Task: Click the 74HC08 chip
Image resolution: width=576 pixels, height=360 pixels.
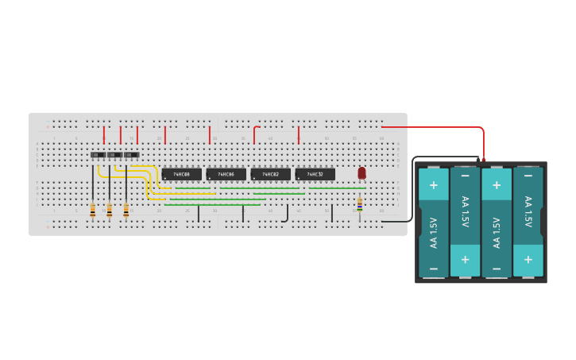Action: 181,174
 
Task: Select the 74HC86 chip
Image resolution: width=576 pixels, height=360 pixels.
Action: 226,174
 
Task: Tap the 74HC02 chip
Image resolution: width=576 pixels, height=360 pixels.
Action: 270,174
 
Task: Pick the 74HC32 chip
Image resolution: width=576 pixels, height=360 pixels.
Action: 315,174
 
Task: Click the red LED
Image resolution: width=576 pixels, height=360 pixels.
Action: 361,172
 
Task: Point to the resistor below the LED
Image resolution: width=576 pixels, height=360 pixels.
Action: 360,205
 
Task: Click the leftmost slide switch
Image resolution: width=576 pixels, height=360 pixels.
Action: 98,155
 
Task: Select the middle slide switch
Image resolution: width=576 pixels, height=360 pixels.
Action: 114,155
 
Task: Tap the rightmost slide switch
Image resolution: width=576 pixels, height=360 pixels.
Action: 131,155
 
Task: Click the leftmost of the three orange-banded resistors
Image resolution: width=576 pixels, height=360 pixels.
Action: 93,211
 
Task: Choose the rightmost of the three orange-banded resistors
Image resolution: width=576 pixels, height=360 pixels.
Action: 126,211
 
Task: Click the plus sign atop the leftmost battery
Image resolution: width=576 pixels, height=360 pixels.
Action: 434,184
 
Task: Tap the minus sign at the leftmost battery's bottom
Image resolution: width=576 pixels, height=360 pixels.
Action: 434,269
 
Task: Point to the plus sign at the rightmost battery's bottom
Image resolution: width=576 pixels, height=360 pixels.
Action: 528,260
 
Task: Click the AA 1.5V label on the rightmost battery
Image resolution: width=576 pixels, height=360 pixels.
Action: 528,212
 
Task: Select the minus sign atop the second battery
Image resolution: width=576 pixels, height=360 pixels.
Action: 465,174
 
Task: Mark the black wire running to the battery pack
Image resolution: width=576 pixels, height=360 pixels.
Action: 412,191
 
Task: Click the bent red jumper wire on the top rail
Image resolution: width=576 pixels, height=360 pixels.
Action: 255,131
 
